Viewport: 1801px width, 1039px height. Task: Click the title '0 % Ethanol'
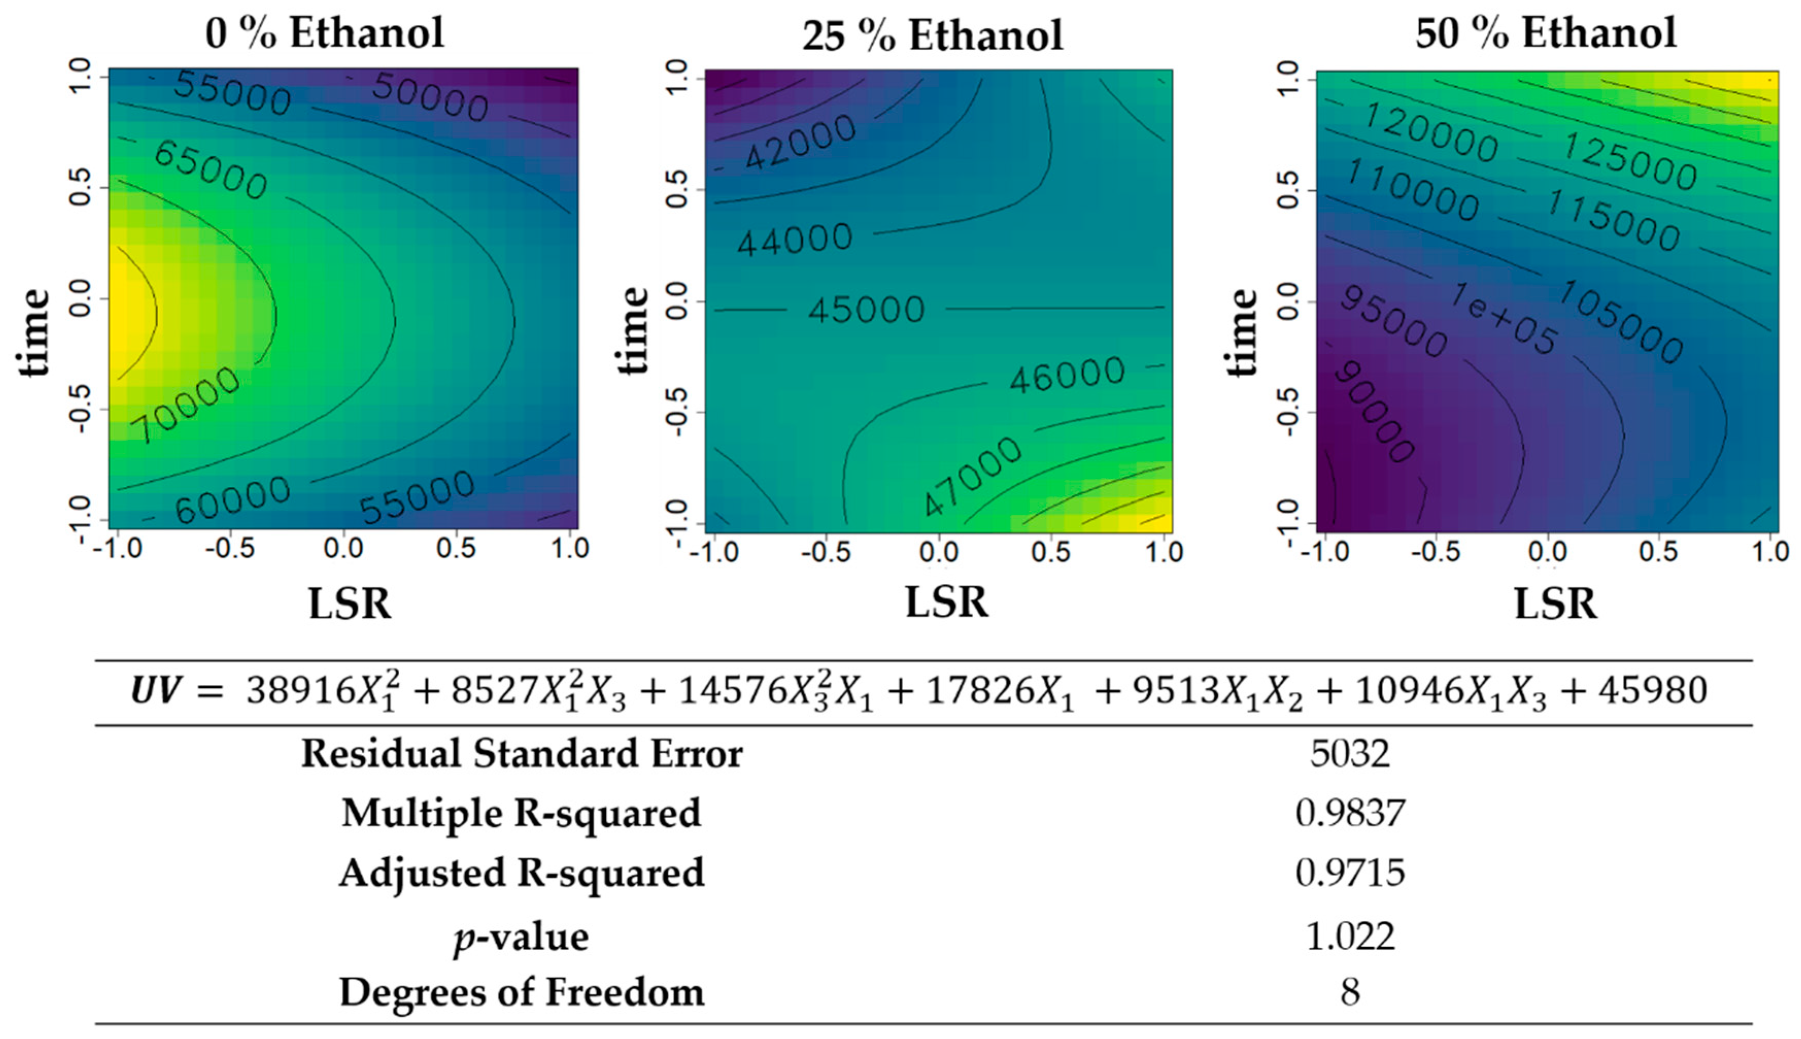325,33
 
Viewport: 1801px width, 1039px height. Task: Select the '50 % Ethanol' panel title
1545,33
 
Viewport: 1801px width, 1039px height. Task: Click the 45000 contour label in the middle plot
866,310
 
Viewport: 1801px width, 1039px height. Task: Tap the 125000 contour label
1629,162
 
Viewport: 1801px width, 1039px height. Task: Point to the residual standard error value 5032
1349,754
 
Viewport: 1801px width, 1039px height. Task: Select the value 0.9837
1349,813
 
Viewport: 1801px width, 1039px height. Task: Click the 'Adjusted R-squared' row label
521,873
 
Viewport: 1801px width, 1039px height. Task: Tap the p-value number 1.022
1349,936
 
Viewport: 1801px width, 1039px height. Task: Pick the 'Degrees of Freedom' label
521,992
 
